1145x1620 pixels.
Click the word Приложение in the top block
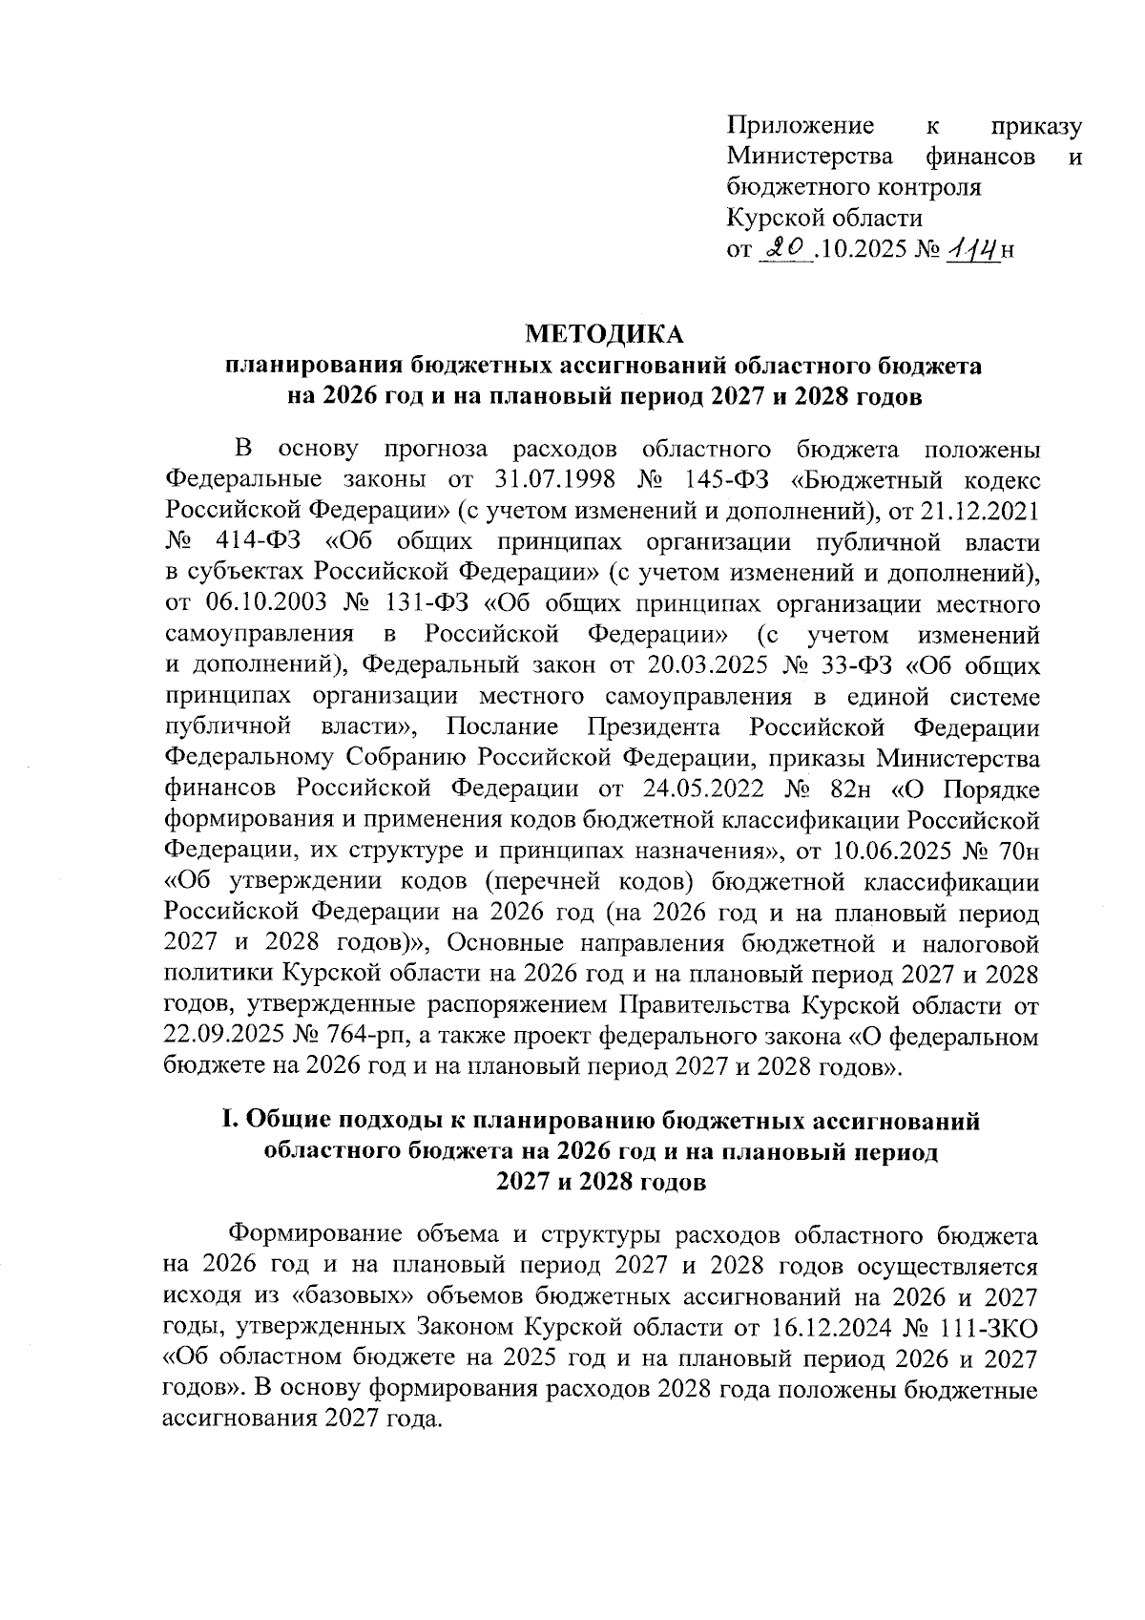tap(801, 126)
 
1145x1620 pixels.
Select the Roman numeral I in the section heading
tap(227, 1122)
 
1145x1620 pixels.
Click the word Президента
tap(654, 726)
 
